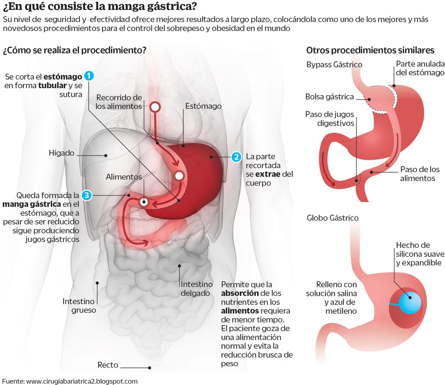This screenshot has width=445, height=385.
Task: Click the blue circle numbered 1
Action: pyautogui.click(x=89, y=76)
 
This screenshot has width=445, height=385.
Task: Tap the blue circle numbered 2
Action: pyautogui.click(x=236, y=157)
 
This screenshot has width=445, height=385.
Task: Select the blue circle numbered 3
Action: pyautogui.click(x=86, y=195)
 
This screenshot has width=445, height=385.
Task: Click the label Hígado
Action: pyautogui.click(x=61, y=153)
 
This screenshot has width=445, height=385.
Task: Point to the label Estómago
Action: pyautogui.click(x=203, y=106)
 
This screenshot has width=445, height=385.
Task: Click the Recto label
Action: pyautogui.click(x=108, y=365)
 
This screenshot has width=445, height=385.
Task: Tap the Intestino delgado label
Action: pyautogui.click(x=196, y=289)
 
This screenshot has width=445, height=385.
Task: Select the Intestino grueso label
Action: pyautogui.click(x=79, y=306)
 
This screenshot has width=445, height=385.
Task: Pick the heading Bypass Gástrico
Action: pyautogui.click(x=334, y=65)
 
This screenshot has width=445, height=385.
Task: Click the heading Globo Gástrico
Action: pyautogui.click(x=332, y=218)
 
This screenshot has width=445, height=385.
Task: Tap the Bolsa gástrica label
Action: pyautogui.click(x=329, y=97)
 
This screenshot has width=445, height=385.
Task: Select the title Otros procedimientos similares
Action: pyautogui.click(x=370, y=50)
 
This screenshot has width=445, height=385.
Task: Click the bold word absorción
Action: pyautogui.click(x=240, y=293)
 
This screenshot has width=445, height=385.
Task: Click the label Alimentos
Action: pyautogui.click(x=124, y=177)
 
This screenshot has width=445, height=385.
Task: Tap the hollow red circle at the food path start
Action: pyautogui.click(x=155, y=107)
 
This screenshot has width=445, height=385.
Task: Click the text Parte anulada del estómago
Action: pyautogui.click(x=420, y=68)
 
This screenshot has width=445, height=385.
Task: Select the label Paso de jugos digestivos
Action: pyautogui.click(x=330, y=119)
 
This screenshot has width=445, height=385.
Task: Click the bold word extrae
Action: pyautogui.click(x=268, y=174)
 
